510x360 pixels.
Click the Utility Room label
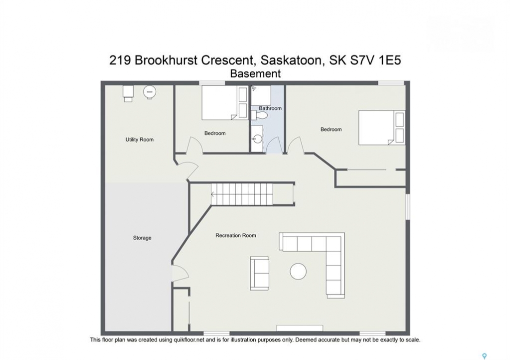pos(139,139)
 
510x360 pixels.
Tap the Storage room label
pos(142,238)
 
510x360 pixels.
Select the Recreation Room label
pos(236,235)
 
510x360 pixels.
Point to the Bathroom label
pos(270,108)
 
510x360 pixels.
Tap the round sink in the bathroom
pos(257,139)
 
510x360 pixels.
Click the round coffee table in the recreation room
pos(298,271)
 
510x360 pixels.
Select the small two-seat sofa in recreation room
pos(260,273)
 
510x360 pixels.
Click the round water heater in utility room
pos(150,92)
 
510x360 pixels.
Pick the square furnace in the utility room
pos(128,93)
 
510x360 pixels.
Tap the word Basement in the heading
pos(255,74)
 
